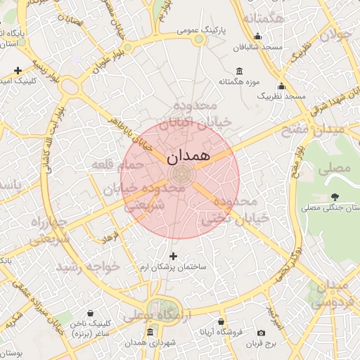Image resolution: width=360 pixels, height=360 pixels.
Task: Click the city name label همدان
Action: point(189,155)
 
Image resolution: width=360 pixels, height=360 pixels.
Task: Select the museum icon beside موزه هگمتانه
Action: point(239,71)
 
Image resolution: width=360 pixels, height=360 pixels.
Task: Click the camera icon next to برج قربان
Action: point(262,333)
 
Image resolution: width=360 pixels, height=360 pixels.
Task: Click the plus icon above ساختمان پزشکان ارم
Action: point(174,256)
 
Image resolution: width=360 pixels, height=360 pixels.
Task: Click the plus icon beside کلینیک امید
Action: point(18,70)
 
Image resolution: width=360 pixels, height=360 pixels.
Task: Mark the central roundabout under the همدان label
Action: point(180,174)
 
